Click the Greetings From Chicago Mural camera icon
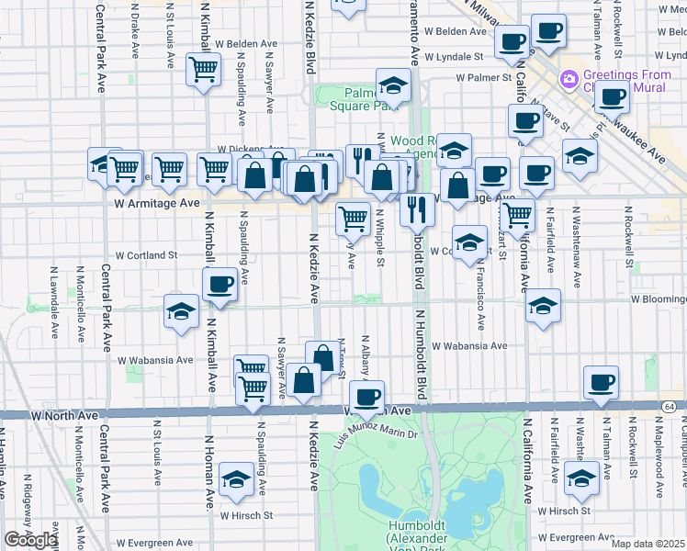(569, 80)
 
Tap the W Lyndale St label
(467, 56)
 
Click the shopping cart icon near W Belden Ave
(202, 69)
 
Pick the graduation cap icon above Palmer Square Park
(393, 86)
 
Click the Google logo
(30, 540)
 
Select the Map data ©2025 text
(648, 544)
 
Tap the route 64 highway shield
(668, 404)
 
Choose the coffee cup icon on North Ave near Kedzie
(367, 397)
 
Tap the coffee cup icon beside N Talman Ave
(601, 382)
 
